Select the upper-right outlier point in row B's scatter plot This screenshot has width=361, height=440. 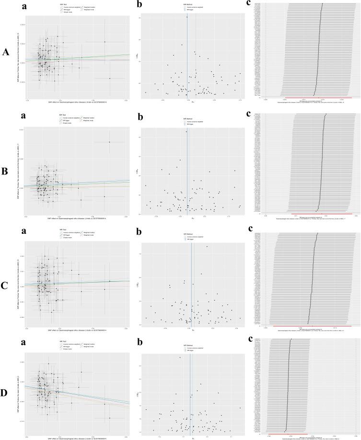[109, 142]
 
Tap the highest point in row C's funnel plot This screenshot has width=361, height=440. [207, 246]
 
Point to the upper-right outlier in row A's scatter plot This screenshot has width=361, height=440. [105, 42]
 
